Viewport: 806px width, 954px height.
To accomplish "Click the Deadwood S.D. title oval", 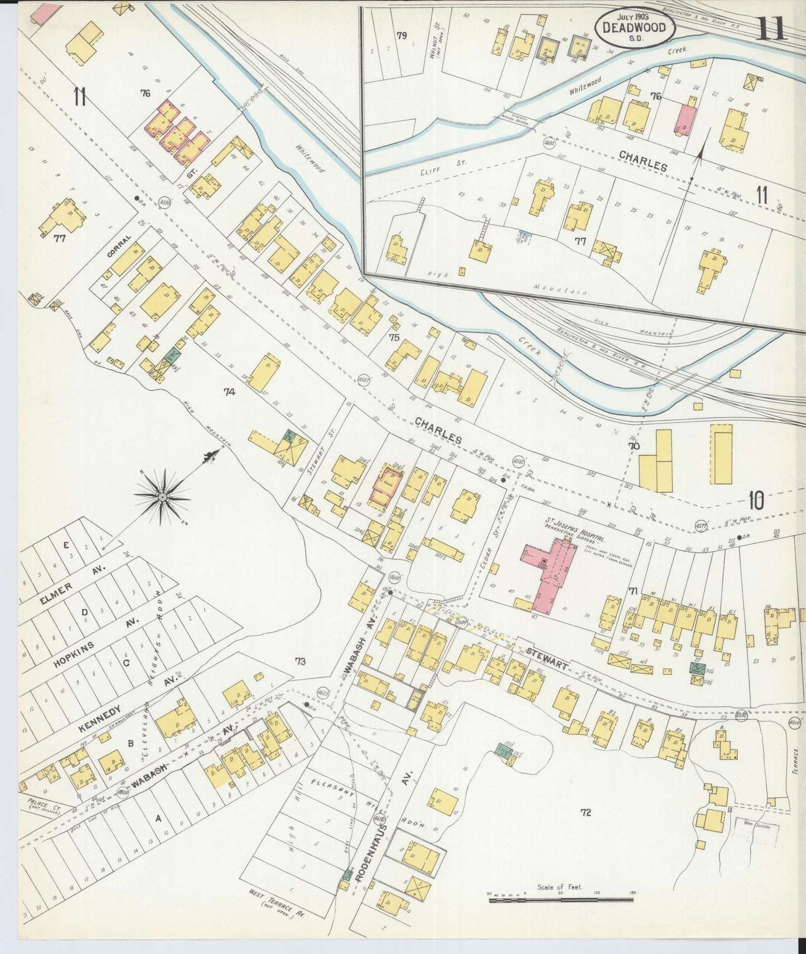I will coord(635,27).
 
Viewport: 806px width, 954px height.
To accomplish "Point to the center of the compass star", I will coord(162,496).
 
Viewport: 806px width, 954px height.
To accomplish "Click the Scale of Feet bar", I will coord(561,899).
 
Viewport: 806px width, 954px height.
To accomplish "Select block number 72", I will coord(585,813).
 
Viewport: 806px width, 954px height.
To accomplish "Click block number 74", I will coord(229,392).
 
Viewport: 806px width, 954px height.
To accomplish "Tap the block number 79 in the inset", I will coord(402,36).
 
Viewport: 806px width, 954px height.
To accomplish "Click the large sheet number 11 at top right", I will coord(771,28).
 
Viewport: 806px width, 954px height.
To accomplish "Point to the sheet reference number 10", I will coord(756,500).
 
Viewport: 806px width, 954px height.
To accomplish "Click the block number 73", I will coord(301,662).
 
